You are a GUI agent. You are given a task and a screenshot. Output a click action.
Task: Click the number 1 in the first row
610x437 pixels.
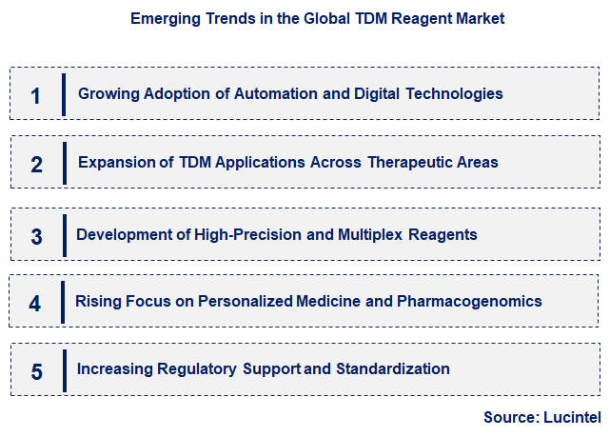click(x=36, y=95)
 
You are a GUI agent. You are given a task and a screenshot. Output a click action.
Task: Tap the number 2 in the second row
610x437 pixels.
click(x=36, y=164)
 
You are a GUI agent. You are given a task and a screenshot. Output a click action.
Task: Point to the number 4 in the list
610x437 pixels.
click(x=35, y=304)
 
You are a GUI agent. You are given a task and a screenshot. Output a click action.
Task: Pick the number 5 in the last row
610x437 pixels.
click(x=36, y=371)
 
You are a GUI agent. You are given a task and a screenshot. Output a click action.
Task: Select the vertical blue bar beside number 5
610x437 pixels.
click(x=65, y=370)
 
